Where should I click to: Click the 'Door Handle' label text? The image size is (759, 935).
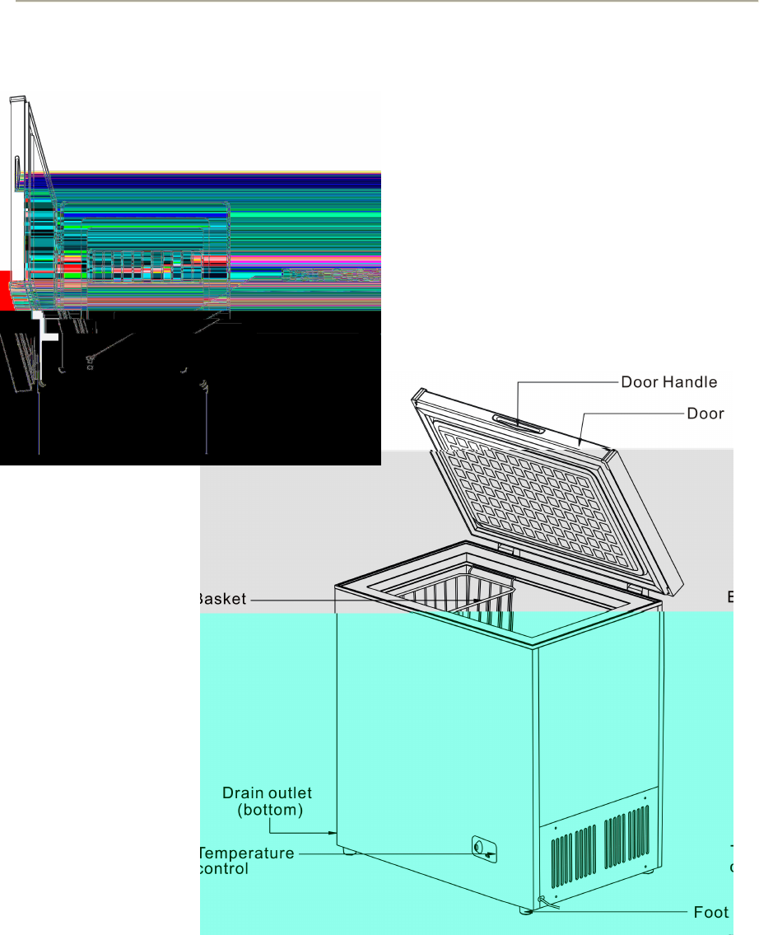coord(668,381)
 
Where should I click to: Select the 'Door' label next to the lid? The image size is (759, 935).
coord(705,413)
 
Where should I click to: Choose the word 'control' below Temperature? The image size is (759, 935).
coord(223,868)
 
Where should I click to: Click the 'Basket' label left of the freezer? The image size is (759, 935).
coord(222,599)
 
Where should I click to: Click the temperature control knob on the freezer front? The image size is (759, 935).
coord(483,850)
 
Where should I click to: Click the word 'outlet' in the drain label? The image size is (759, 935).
coord(289,793)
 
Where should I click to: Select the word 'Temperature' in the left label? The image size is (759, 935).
coord(247,853)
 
